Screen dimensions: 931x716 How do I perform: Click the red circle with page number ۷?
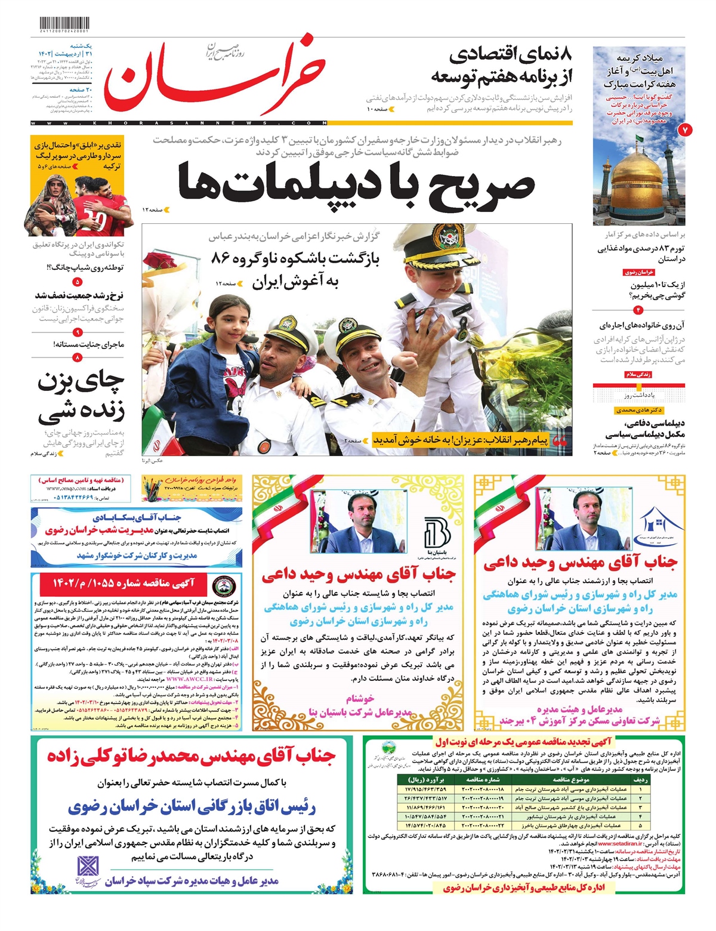pos(685,130)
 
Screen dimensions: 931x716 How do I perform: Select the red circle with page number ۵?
pos(77,282)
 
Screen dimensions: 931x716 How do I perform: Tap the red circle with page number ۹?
pos(77,332)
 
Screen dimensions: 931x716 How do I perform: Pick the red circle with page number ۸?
pos(77,357)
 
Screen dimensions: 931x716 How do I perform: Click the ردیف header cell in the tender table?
pos(640,779)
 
